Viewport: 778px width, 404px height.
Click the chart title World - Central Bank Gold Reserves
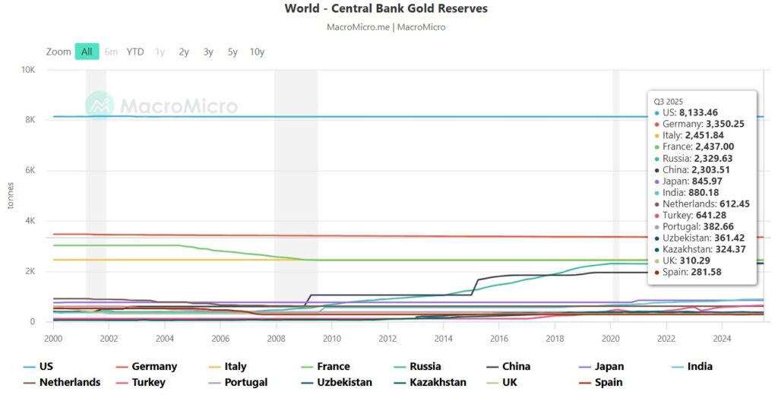[x=386, y=9]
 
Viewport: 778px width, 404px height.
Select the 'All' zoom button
[x=87, y=52]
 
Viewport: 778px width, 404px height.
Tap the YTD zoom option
[x=135, y=52]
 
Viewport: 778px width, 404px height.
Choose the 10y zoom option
[x=257, y=52]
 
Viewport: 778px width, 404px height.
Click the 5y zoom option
[x=232, y=52]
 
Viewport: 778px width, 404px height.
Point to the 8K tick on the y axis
[x=30, y=120]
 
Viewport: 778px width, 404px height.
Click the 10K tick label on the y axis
[x=28, y=70]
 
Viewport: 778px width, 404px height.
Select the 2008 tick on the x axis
[x=275, y=338]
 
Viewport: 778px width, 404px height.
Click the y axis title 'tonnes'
[x=10, y=196]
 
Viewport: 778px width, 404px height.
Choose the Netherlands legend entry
[x=69, y=383]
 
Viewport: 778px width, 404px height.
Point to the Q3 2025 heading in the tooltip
[x=669, y=100]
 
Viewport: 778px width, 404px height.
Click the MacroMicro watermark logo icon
[x=100, y=106]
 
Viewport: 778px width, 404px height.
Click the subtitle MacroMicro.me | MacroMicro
[x=386, y=27]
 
